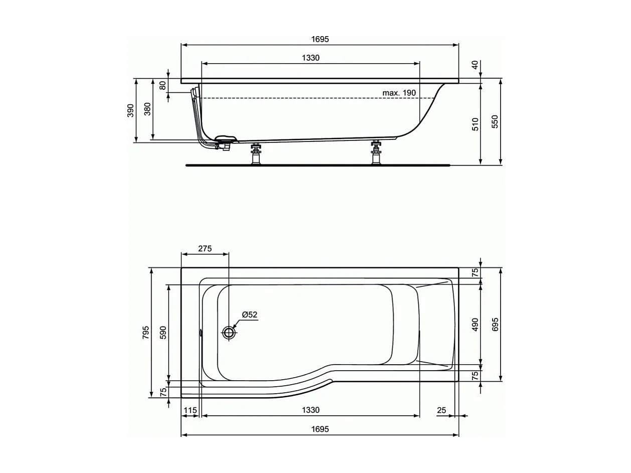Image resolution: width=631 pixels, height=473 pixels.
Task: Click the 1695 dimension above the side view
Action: coord(320,39)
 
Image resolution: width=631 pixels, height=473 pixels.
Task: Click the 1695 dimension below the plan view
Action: coord(320,429)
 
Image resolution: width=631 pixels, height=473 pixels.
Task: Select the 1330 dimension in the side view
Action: coord(310,58)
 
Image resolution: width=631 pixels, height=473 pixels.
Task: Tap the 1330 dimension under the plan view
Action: coord(310,410)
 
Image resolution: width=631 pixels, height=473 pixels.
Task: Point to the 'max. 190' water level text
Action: coord(399,93)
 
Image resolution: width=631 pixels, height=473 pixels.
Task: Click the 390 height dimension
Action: coord(130,110)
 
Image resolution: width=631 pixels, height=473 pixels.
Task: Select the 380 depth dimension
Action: coord(147,109)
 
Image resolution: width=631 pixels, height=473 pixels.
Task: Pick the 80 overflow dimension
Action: coord(163,85)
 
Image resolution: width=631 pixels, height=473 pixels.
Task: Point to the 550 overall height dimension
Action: coord(495,122)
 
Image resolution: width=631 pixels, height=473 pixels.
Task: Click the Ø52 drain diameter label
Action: coord(249,315)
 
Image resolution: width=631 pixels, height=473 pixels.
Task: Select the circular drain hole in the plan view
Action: coord(229,333)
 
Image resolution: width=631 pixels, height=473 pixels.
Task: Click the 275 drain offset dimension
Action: coord(205,248)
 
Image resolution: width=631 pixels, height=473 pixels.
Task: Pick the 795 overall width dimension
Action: coord(145,333)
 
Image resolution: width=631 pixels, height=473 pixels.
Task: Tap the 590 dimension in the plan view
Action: coord(163,333)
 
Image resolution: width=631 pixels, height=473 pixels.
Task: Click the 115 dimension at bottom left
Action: coord(190,410)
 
